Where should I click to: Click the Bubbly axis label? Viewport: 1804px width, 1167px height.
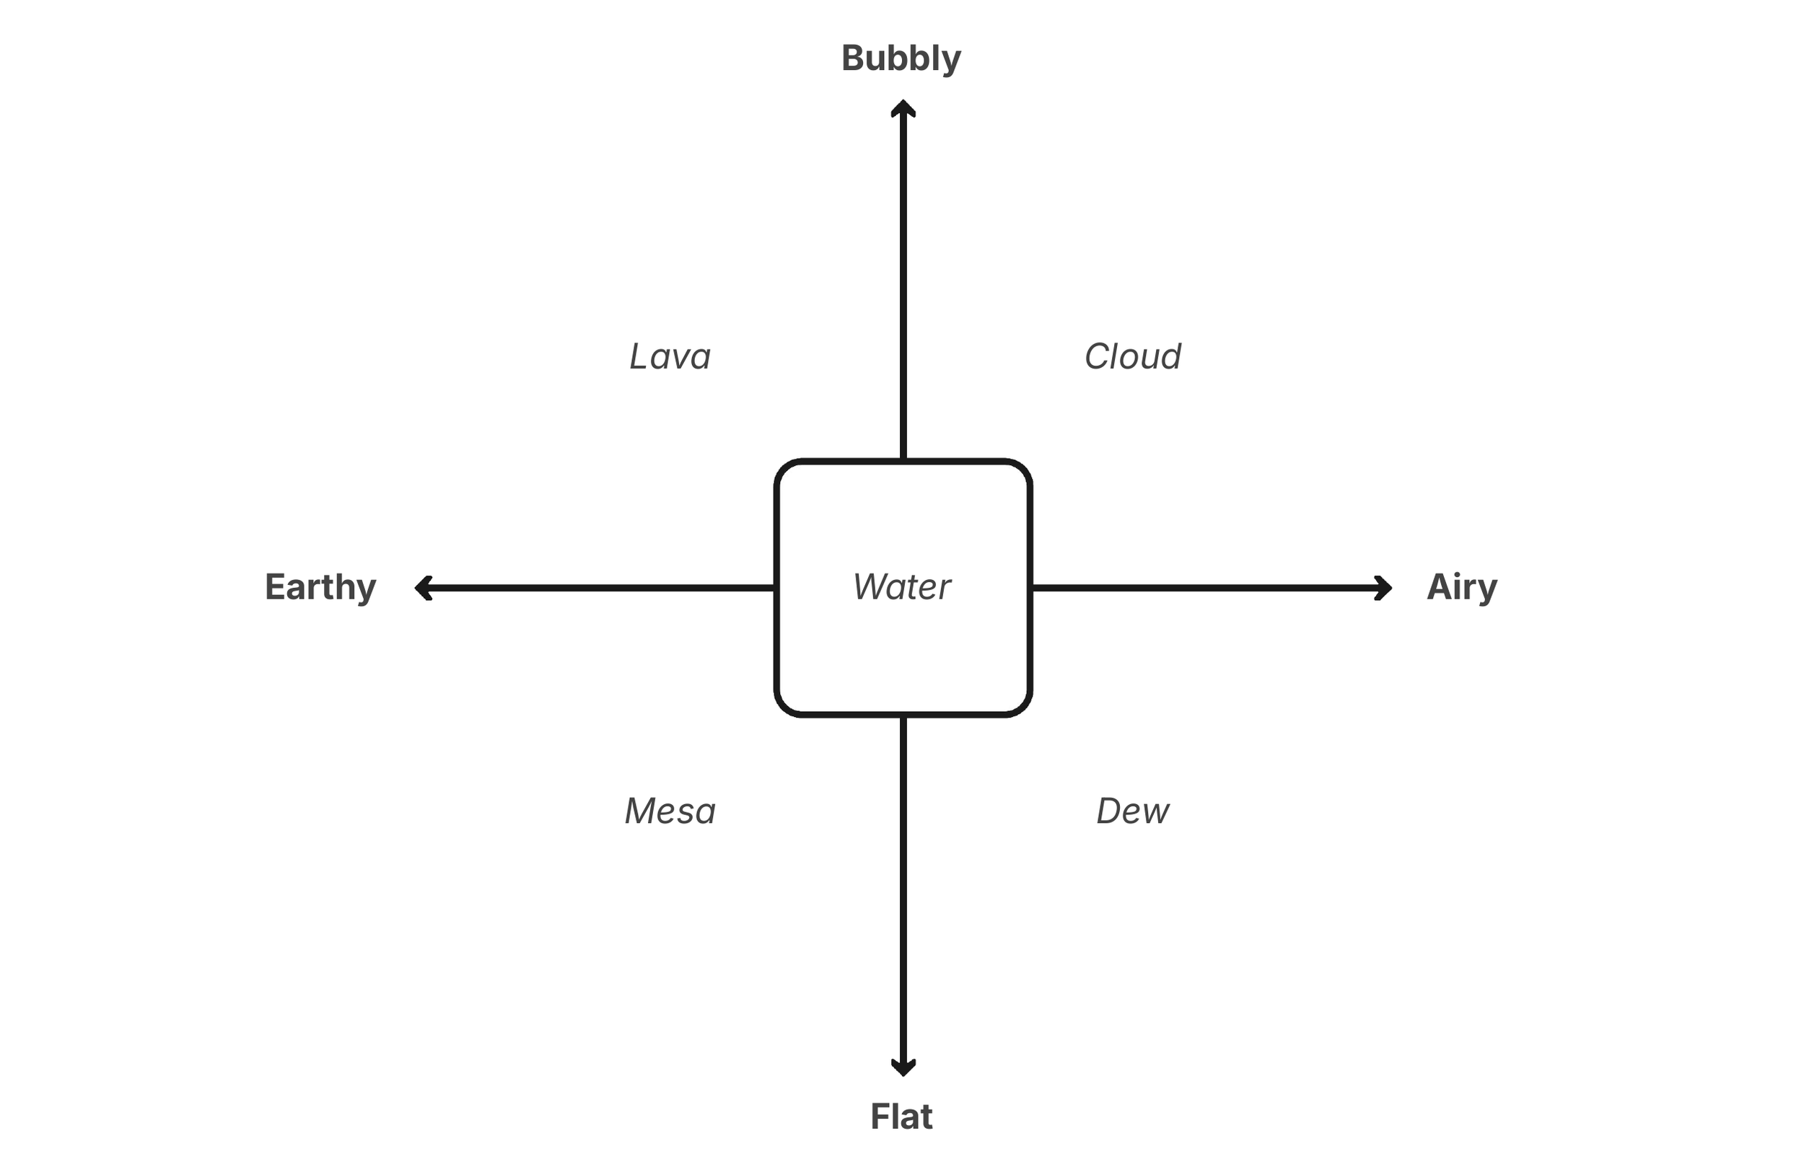(x=901, y=59)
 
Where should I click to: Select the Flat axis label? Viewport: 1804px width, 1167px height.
(x=901, y=1117)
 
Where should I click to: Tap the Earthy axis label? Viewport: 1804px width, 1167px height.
(x=320, y=587)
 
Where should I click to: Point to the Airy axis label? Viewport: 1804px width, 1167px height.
(x=1461, y=587)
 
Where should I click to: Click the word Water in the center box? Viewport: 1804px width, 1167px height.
(x=901, y=587)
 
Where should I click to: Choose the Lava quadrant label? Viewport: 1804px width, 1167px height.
(x=670, y=356)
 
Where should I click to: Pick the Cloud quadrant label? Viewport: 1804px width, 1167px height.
(x=1132, y=356)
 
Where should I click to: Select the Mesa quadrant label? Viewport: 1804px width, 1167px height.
(x=670, y=811)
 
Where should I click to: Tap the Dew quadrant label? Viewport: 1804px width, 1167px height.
(x=1132, y=811)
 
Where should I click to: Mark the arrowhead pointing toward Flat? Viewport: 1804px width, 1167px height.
(x=903, y=1067)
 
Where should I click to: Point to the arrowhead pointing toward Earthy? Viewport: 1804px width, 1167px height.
(x=423, y=588)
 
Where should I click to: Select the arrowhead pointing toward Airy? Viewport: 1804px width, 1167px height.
(x=1384, y=588)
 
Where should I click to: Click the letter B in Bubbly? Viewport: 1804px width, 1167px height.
(x=854, y=58)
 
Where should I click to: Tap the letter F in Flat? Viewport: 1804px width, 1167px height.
(x=879, y=1117)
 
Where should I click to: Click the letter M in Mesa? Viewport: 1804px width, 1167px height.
(x=641, y=811)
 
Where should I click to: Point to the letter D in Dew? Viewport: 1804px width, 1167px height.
(x=1109, y=811)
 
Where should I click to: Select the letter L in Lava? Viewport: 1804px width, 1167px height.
(x=640, y=356)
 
